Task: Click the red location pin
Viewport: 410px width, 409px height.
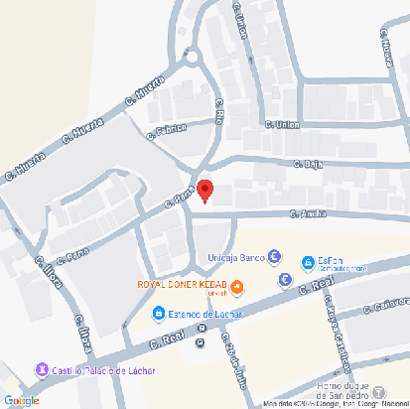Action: pyautogui.click(x=205, y=191)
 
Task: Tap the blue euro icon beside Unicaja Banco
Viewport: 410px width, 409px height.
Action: pyautogui.click(x=273, y=258)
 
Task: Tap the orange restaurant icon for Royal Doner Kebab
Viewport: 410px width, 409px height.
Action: pyautogui.click(x=238, y=288)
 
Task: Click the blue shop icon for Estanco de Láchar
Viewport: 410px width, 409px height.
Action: pyautogui.click(x=158, y=315)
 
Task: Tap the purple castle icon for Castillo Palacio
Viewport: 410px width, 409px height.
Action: pyautogui.click(x=41, y=370)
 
